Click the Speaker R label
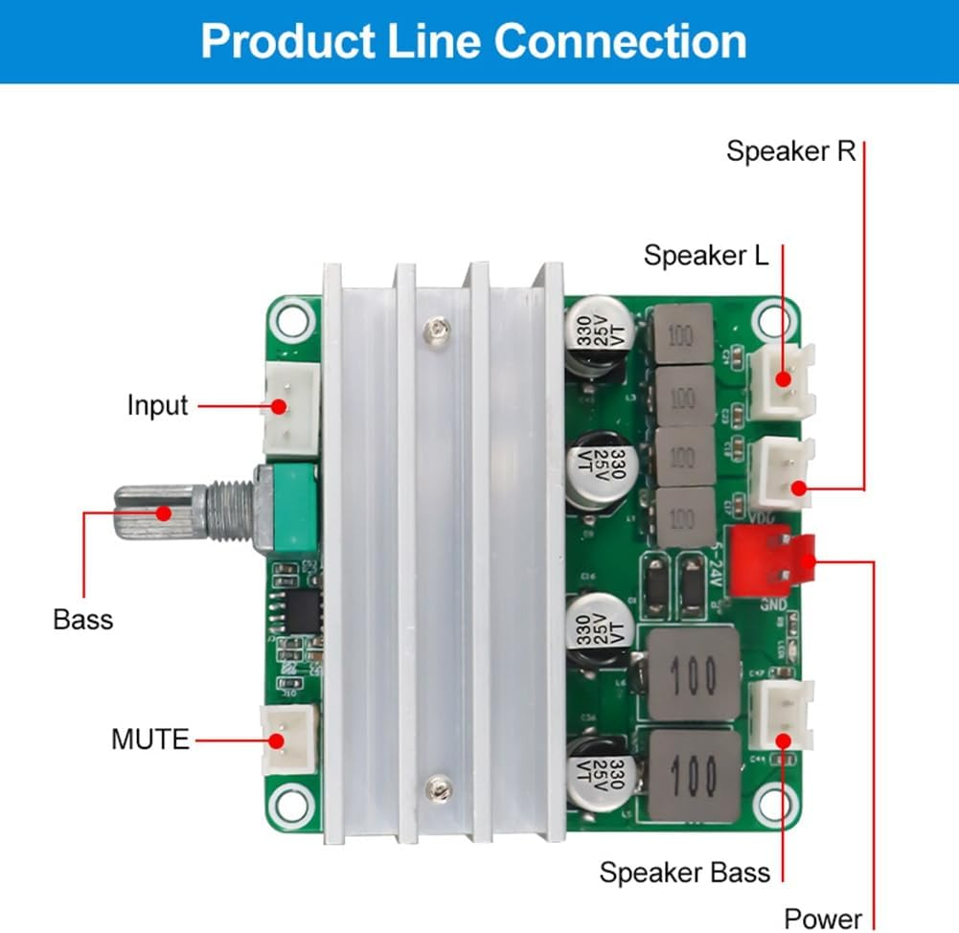click(x=790, y=151)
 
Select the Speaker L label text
click(x=706, y=256)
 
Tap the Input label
click(x=158, y=405)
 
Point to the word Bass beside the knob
click(x=83, y=620)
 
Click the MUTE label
click(x=150, y=740)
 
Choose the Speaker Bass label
click(x=684, y=873)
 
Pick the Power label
click(x=823, y=919)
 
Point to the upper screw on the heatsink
click(x=437, y=330)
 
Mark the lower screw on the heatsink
click(x=439, y=787)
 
